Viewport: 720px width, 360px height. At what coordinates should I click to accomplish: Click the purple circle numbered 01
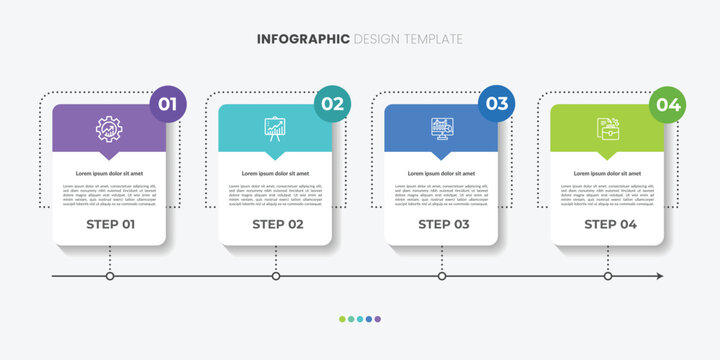[167, 104]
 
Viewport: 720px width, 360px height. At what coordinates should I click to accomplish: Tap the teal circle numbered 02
[333, 104]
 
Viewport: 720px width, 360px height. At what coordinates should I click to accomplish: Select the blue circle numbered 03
[498, 104]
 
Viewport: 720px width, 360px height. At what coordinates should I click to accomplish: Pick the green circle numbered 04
[668, 104]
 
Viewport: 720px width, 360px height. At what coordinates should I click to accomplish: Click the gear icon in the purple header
[109, 128]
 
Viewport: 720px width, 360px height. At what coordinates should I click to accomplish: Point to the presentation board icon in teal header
[274, 128]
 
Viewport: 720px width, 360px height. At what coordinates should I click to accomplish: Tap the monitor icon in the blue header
[440, 128]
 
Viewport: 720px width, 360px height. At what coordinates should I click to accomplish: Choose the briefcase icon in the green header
[607, 128]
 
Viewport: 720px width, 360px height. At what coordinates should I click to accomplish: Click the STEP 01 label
[109, 224]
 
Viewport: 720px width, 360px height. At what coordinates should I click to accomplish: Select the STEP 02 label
[275, 224]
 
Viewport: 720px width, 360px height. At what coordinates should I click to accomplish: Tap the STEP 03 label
[441, 224]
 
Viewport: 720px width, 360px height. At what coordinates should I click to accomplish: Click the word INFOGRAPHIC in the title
[303, 39]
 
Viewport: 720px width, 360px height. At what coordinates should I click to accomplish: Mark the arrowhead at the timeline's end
[658, 276]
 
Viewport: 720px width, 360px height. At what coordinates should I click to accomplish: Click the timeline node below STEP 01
[110, 276]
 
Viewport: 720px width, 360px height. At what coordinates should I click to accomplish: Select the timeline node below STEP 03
[442, 276]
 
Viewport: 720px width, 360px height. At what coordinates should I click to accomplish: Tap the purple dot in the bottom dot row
[377, 319]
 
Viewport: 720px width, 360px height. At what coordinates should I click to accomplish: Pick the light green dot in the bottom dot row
[342, 319]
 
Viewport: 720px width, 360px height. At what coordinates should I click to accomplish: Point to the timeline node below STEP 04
[608, 276]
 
